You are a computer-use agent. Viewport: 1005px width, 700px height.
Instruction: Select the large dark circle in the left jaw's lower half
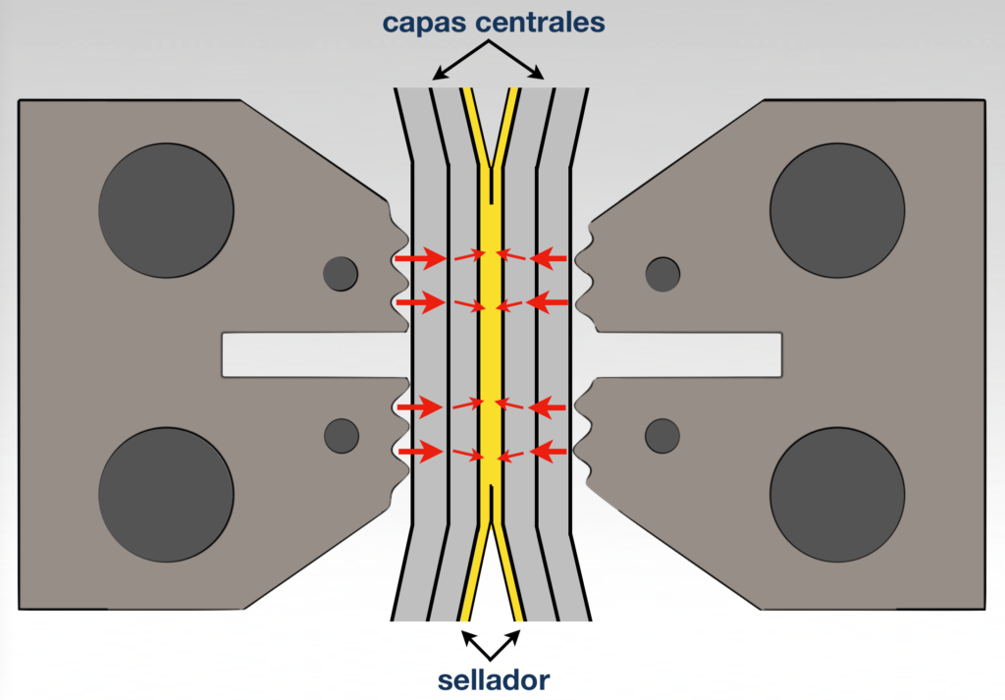tap(166, 494)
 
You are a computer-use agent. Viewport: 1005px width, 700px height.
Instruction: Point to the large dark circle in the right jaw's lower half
tap(837, 494)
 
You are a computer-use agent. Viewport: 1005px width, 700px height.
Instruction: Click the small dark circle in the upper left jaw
tap(342, 273)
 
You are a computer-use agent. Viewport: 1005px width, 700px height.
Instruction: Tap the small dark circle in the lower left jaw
tap(342, 435)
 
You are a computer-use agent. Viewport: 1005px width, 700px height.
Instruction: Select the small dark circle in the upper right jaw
tap(662, 274)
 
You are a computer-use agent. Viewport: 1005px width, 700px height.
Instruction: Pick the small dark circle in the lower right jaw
tap(662, 435)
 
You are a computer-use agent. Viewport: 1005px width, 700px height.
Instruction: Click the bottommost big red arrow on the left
tap(418, 452)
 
